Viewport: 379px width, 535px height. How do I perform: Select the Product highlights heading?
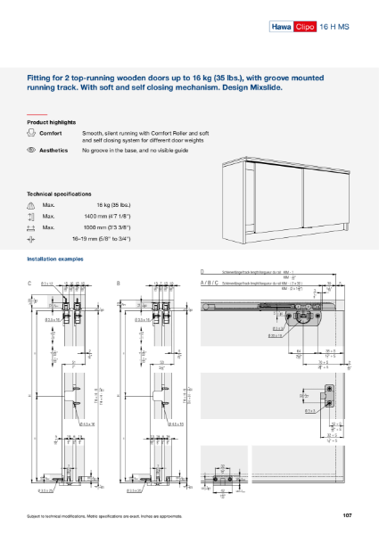coord(51,121)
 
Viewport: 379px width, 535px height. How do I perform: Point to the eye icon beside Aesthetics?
coord(31,151)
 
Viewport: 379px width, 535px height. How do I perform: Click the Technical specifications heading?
coord(59,193)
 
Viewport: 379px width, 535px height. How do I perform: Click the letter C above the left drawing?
coord(30,283)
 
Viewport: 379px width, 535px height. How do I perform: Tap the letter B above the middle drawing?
coord(119,283)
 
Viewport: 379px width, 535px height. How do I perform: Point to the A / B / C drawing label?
coord(209,282)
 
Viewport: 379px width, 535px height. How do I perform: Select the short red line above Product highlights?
coord(36,114)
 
